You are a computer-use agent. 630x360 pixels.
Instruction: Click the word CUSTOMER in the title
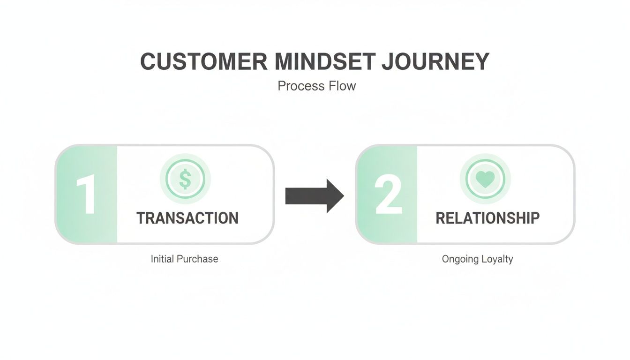(x=204, y=62)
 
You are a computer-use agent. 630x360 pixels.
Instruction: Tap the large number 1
(x=86, y=195)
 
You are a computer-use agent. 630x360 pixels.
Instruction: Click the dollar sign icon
(x=185, y=179)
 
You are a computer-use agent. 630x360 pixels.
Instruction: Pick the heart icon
(x=485, y=179)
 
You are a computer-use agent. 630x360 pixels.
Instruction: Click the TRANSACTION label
(x=187, y=218)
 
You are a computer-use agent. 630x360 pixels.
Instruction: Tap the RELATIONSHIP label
(x=487, y=218)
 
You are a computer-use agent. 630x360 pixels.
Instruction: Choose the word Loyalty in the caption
(x=497, y=259)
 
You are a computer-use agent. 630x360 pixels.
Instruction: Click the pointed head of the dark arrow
(x=336, y=195)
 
